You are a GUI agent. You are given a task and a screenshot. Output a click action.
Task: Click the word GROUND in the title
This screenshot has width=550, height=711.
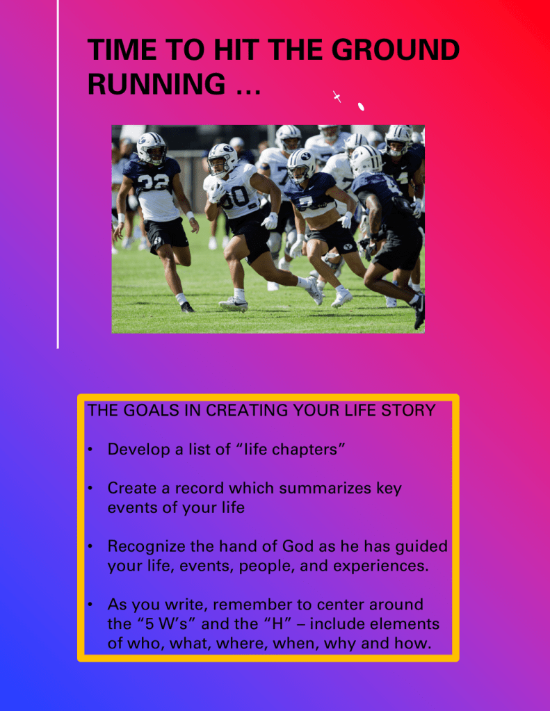pyautogui.click(x=396, y=49)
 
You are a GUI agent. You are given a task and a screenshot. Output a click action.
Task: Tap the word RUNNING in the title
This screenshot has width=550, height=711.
pyautogui.click(x=156, y=83)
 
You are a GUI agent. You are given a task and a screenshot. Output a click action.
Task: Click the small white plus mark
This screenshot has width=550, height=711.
pyautogui.click(x=337, y=96)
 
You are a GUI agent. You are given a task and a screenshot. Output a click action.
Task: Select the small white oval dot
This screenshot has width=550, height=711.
pyautogui.click(x=361, y=106)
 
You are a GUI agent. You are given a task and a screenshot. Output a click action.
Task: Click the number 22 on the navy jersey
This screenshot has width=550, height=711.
pyautogui.click(x=154, y=182)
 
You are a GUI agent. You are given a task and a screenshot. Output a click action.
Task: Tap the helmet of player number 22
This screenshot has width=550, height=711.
pyautogui.click(x=152, y=148)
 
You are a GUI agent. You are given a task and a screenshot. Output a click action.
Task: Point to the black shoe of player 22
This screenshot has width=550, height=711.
pyautogui.click(x=188, y=307)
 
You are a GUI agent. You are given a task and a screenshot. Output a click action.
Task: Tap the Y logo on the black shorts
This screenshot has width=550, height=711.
pyautogui.click(x=348, y=247)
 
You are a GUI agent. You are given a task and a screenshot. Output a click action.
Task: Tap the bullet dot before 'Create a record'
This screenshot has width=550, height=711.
pyautogui.click(x=90, y=488)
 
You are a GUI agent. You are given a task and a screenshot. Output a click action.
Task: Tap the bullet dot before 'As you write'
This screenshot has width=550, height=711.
pyautogui.click(x=90, y=605)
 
